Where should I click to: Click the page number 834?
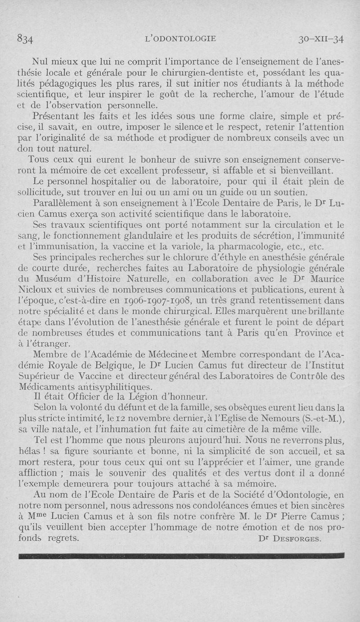tap(25, 39)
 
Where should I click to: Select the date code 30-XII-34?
tap(321, 39)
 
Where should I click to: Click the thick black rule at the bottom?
tap(180, 556)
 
